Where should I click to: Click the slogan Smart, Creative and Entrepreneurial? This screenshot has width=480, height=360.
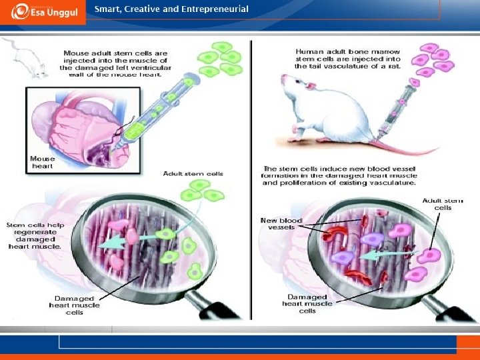(x=171, y=9)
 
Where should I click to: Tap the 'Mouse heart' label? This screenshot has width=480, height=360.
(x=42, y=163)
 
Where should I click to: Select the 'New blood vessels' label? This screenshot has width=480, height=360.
(x=281, y=223)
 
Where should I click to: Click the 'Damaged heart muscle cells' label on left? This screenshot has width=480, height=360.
(x=74, y=305)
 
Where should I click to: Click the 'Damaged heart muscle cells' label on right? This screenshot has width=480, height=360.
(x=307, y=303)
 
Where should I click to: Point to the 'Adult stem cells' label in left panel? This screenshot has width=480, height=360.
(x=193, y=173)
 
